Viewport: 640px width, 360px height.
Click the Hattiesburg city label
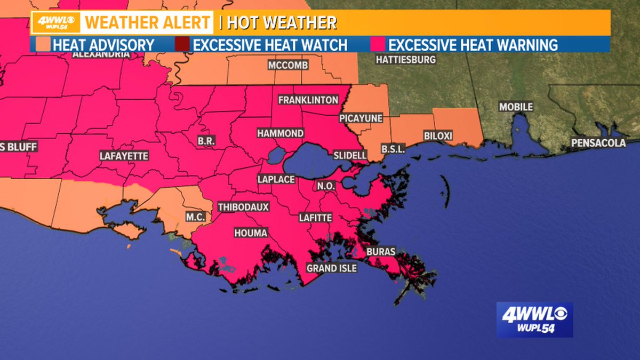click(x=405, y=60)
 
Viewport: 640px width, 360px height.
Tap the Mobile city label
click(x=516, y=107)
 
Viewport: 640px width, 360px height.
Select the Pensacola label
click(x=598, y=143)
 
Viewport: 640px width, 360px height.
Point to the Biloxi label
click(x=438, y=136)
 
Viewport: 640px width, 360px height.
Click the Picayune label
click(x=361, y=118)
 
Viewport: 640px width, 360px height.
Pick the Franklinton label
click(x=308, y=100)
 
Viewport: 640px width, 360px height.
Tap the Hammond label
click(x=280, y=133)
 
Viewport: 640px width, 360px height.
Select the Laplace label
click(x=276, y=179)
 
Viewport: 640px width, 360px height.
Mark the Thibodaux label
click(x=243, y=207)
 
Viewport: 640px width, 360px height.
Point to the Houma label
click(x=251, y=233)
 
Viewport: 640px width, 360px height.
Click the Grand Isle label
click(x=331, y=268)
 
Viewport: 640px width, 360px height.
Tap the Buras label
click(x=381, y=251)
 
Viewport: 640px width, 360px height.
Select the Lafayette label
click(x=124, y=156)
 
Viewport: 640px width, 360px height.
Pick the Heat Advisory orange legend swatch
click(x=43, y=44)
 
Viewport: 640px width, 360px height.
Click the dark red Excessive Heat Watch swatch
click(x=183, y=44)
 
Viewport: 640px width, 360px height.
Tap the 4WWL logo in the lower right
click(x=534, y=319)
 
